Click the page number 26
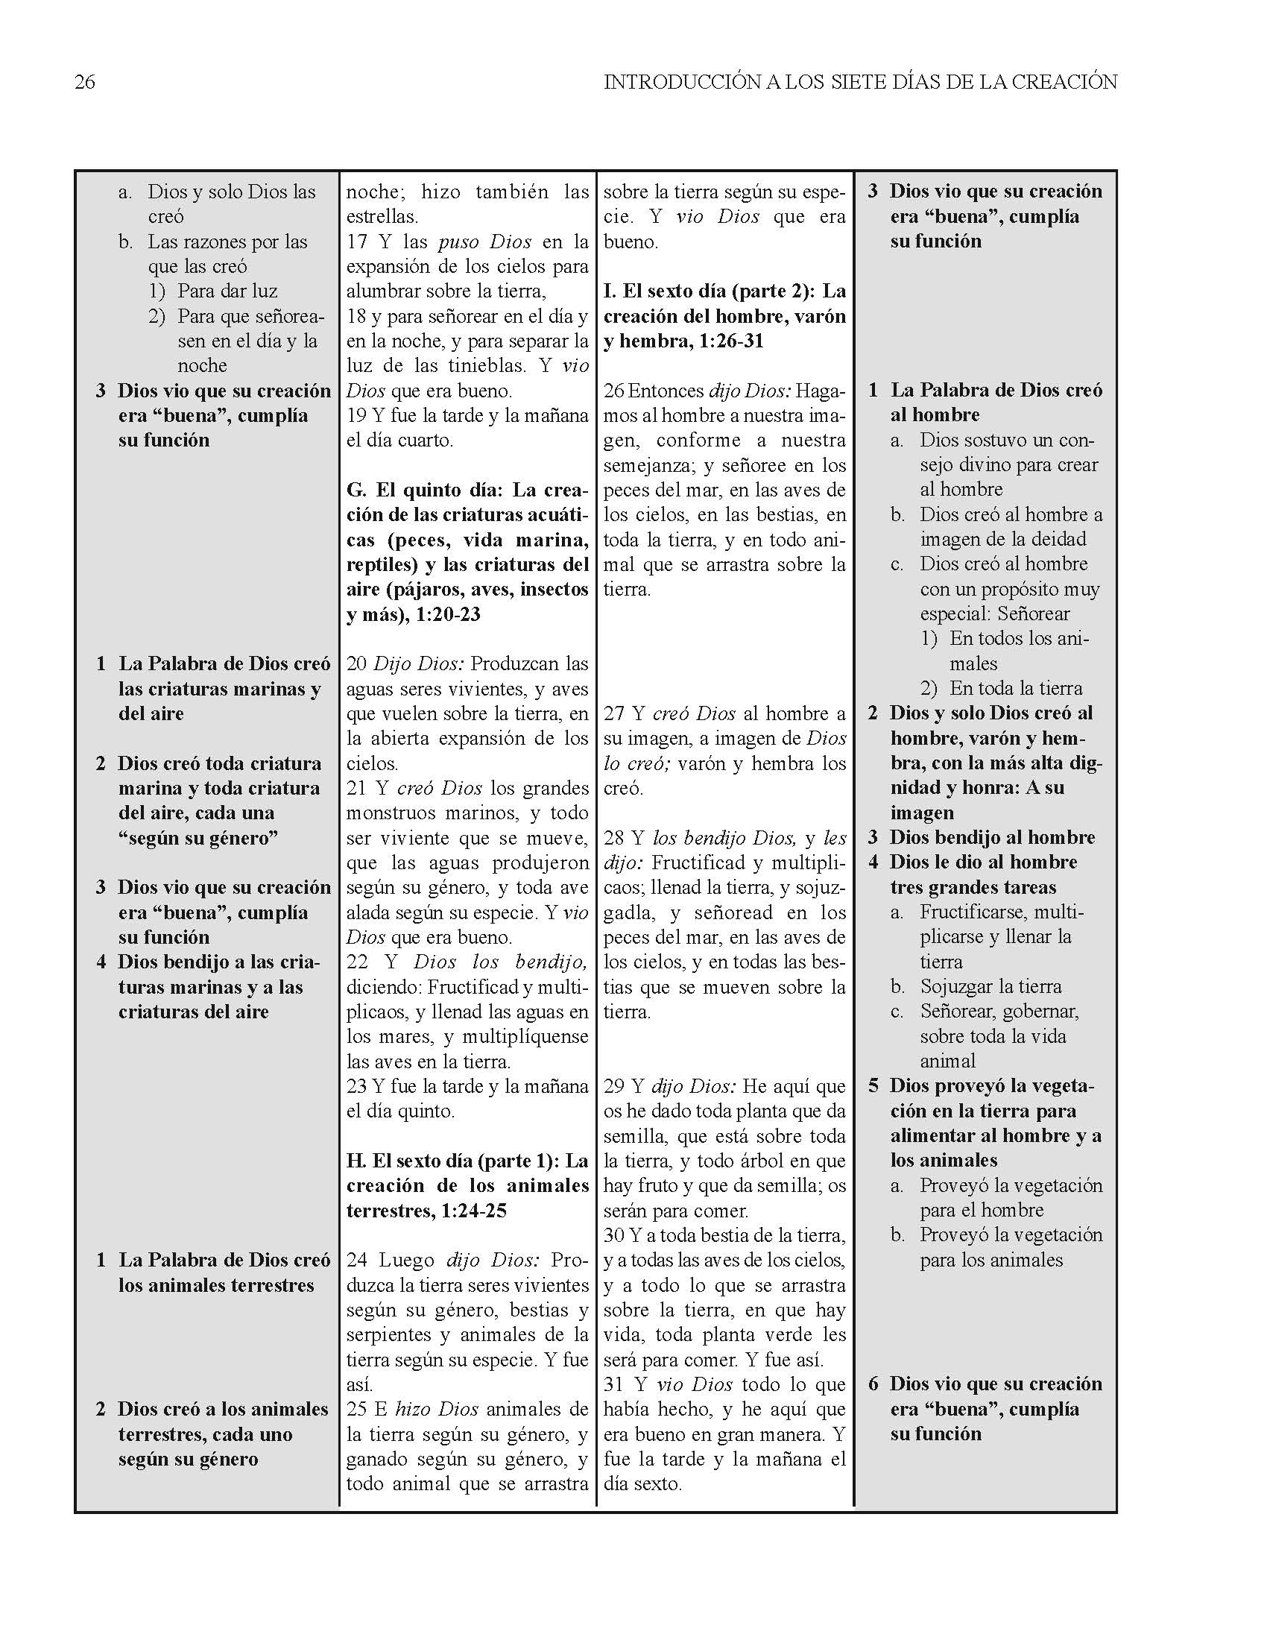pos(85,82)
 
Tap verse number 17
pos(356,242)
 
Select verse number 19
pos(356,415)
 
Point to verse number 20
pos(356,663)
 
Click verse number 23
pos(356,1086)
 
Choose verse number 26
pos(613,391)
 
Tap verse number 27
pos(613,713)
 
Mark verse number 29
pos(613,1086)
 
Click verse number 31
pos(613,1384)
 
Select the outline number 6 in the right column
pos(873,1384)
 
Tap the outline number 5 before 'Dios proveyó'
pos(873,1086)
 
